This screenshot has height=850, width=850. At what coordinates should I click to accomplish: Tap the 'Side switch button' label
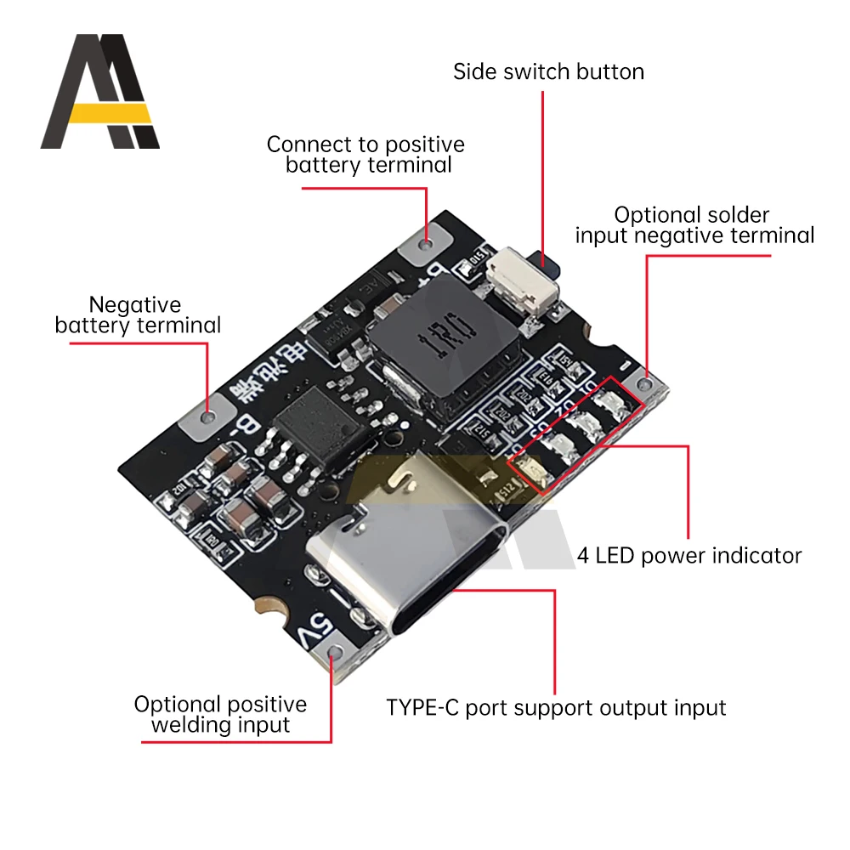[x=548, y=71]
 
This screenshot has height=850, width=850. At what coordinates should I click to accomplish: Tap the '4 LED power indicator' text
[x=689, y=556]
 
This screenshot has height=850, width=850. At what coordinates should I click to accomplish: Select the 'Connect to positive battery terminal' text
[x=366, y=155]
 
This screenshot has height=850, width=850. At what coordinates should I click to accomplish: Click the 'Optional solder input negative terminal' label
[x=694, y=225]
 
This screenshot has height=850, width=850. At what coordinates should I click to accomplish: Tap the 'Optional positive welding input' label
[x=220, y=714]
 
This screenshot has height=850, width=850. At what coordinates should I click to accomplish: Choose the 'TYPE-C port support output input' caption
[x=556, y=707]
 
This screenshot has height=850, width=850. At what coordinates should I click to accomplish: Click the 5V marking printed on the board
[x=312, y=628]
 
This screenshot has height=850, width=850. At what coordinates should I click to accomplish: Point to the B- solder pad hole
[x=208, y=416]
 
